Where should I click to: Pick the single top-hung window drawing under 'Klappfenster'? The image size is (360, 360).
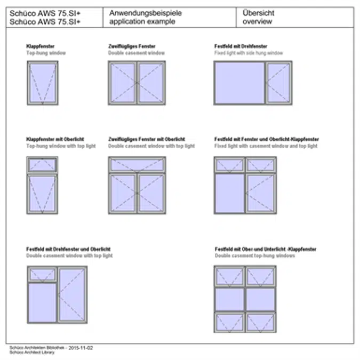click(x=42, y=82)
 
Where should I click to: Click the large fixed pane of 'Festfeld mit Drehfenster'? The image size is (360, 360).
click(x=239, y=82)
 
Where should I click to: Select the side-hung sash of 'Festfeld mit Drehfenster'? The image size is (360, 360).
click(x=279, y=82)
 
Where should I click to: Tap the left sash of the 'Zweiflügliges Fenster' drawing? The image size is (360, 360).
click(x=123, y=82)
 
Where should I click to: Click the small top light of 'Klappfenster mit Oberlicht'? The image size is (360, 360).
click(x=42, y=165)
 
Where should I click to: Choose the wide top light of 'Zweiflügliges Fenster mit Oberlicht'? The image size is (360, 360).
click(x=137, y=165)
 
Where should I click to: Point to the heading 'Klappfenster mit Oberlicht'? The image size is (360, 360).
click(x=55, y=140)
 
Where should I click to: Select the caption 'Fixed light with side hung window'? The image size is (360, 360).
click(x=249, y=53)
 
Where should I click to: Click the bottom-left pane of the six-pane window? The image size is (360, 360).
click(x=229, y=322)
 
